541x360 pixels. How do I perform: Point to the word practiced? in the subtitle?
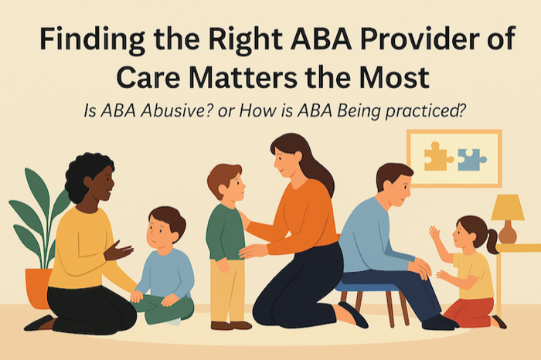tap(425, 111)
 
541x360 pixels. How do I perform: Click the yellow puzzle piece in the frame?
tap(438, 156)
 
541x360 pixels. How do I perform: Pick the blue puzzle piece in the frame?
tap(471, 160)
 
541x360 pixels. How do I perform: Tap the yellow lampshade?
tap(508, 207)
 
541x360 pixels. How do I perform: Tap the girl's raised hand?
tap(434, 233)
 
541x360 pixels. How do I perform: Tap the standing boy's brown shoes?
tap(230, 325)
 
